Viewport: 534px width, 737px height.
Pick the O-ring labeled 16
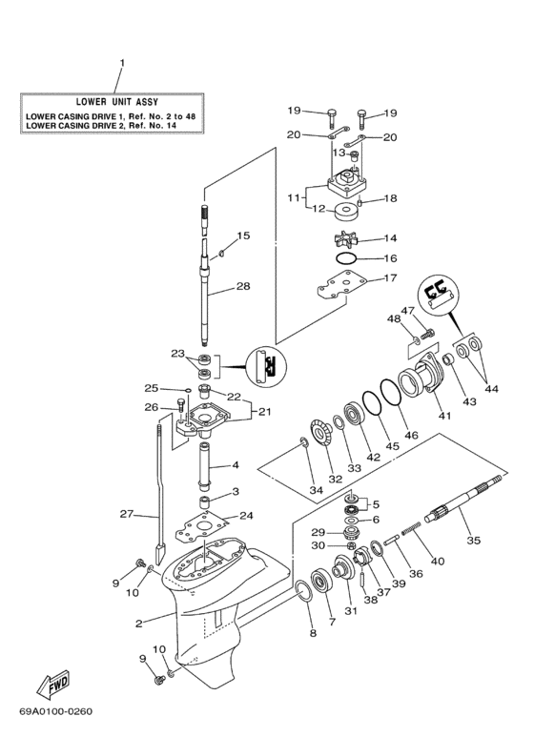348,258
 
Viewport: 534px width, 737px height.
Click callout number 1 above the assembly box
121,64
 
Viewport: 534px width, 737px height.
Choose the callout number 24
246,516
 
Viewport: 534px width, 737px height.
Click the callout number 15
243,235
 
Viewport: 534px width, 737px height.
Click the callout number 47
407,311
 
